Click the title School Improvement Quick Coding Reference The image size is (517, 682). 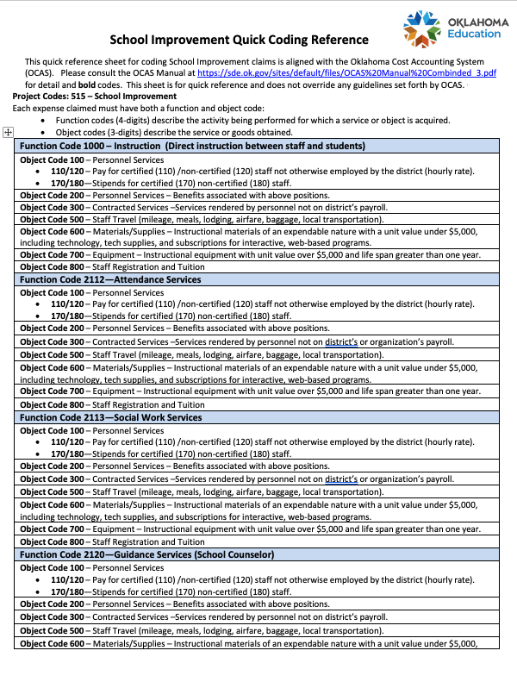240,40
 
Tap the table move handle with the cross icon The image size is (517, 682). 8,132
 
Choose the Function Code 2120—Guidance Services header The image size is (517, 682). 146,554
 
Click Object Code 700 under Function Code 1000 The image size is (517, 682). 52,255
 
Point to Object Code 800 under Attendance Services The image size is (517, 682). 52,404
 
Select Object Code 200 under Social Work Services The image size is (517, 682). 52,466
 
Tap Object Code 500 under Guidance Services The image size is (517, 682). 52,630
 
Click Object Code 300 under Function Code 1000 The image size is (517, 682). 52,208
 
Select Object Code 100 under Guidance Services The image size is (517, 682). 52,567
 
